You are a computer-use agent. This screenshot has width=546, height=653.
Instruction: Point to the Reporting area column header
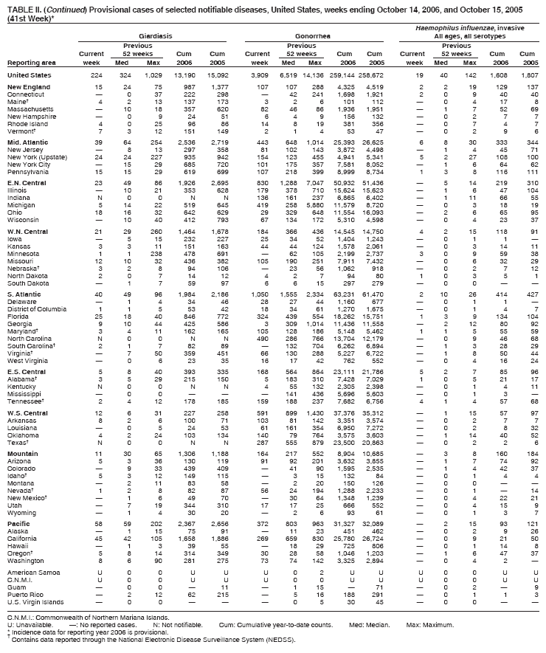[x=30, y=63]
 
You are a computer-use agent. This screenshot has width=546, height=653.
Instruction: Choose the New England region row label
[x=27, y=87]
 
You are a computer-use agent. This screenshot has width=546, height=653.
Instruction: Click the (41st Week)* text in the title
[x=26, y=15]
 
